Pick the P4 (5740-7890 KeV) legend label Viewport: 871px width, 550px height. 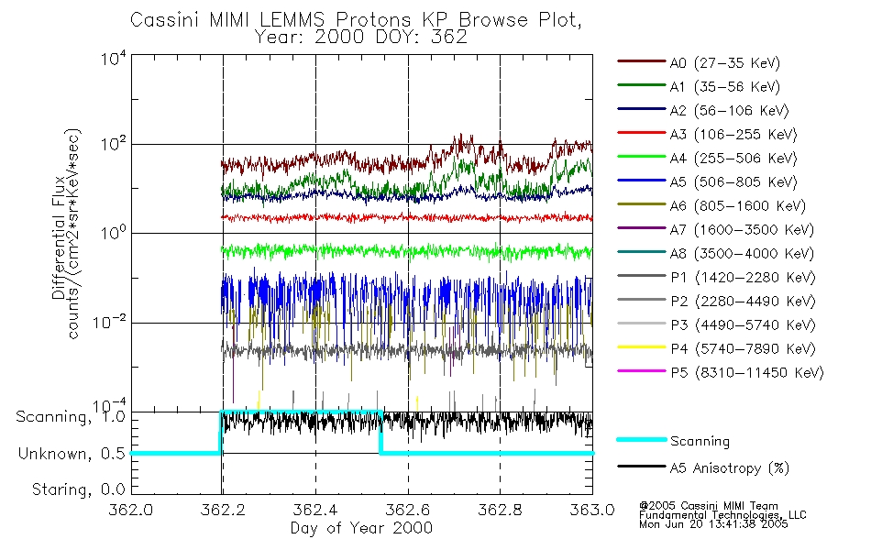[742, 349]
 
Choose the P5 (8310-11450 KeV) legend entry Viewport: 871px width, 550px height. [746, 373]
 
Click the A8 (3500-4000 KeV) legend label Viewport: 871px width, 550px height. [742, 254]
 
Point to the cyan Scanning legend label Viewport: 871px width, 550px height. [700, 441]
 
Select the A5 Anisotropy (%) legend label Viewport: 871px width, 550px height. [730, 468]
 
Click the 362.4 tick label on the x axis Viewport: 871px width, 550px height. [316, 511]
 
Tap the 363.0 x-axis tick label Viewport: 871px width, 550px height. [592, 511]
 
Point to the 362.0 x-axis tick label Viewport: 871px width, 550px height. [132, 511]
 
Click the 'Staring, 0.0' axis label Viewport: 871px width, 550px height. [68, 489]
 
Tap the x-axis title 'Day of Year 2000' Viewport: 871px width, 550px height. [361, 528]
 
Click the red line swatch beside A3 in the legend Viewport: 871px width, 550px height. [639, 135]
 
